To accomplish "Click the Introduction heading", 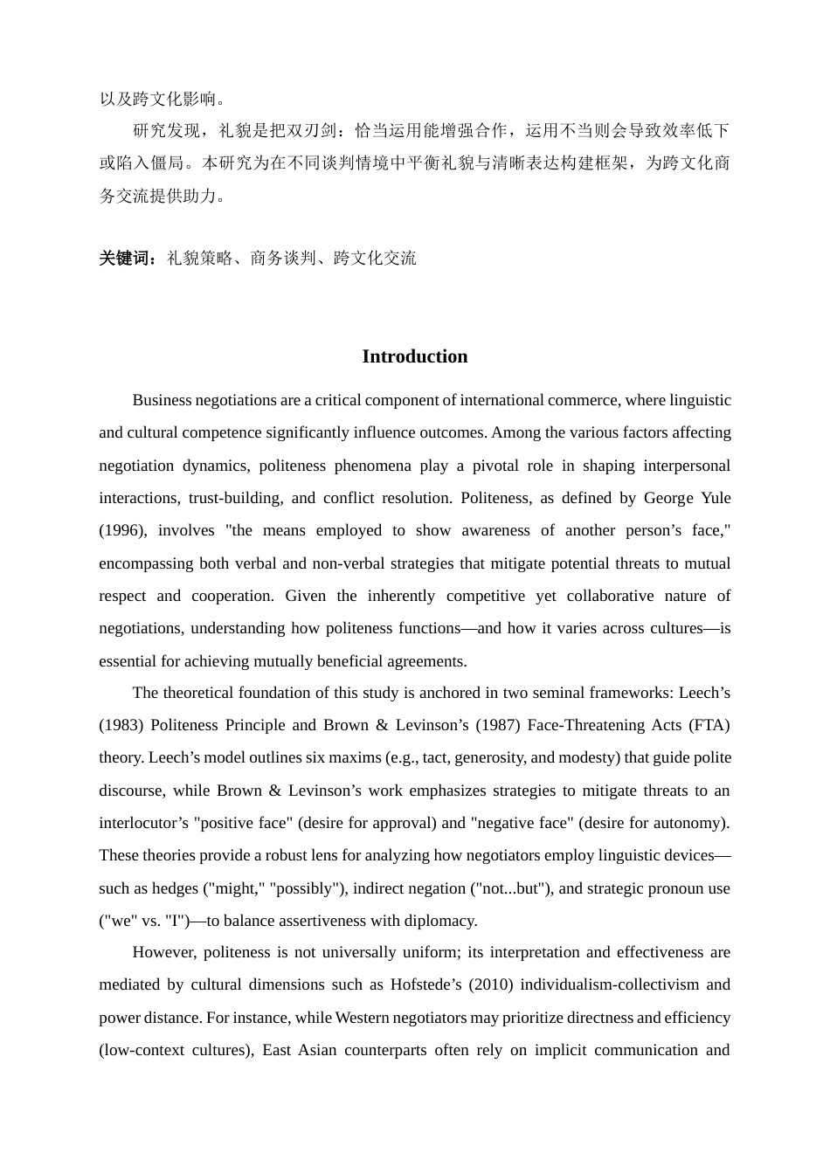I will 414,356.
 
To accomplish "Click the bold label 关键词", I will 127,259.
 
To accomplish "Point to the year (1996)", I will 121,530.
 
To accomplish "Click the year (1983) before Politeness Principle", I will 121,725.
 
